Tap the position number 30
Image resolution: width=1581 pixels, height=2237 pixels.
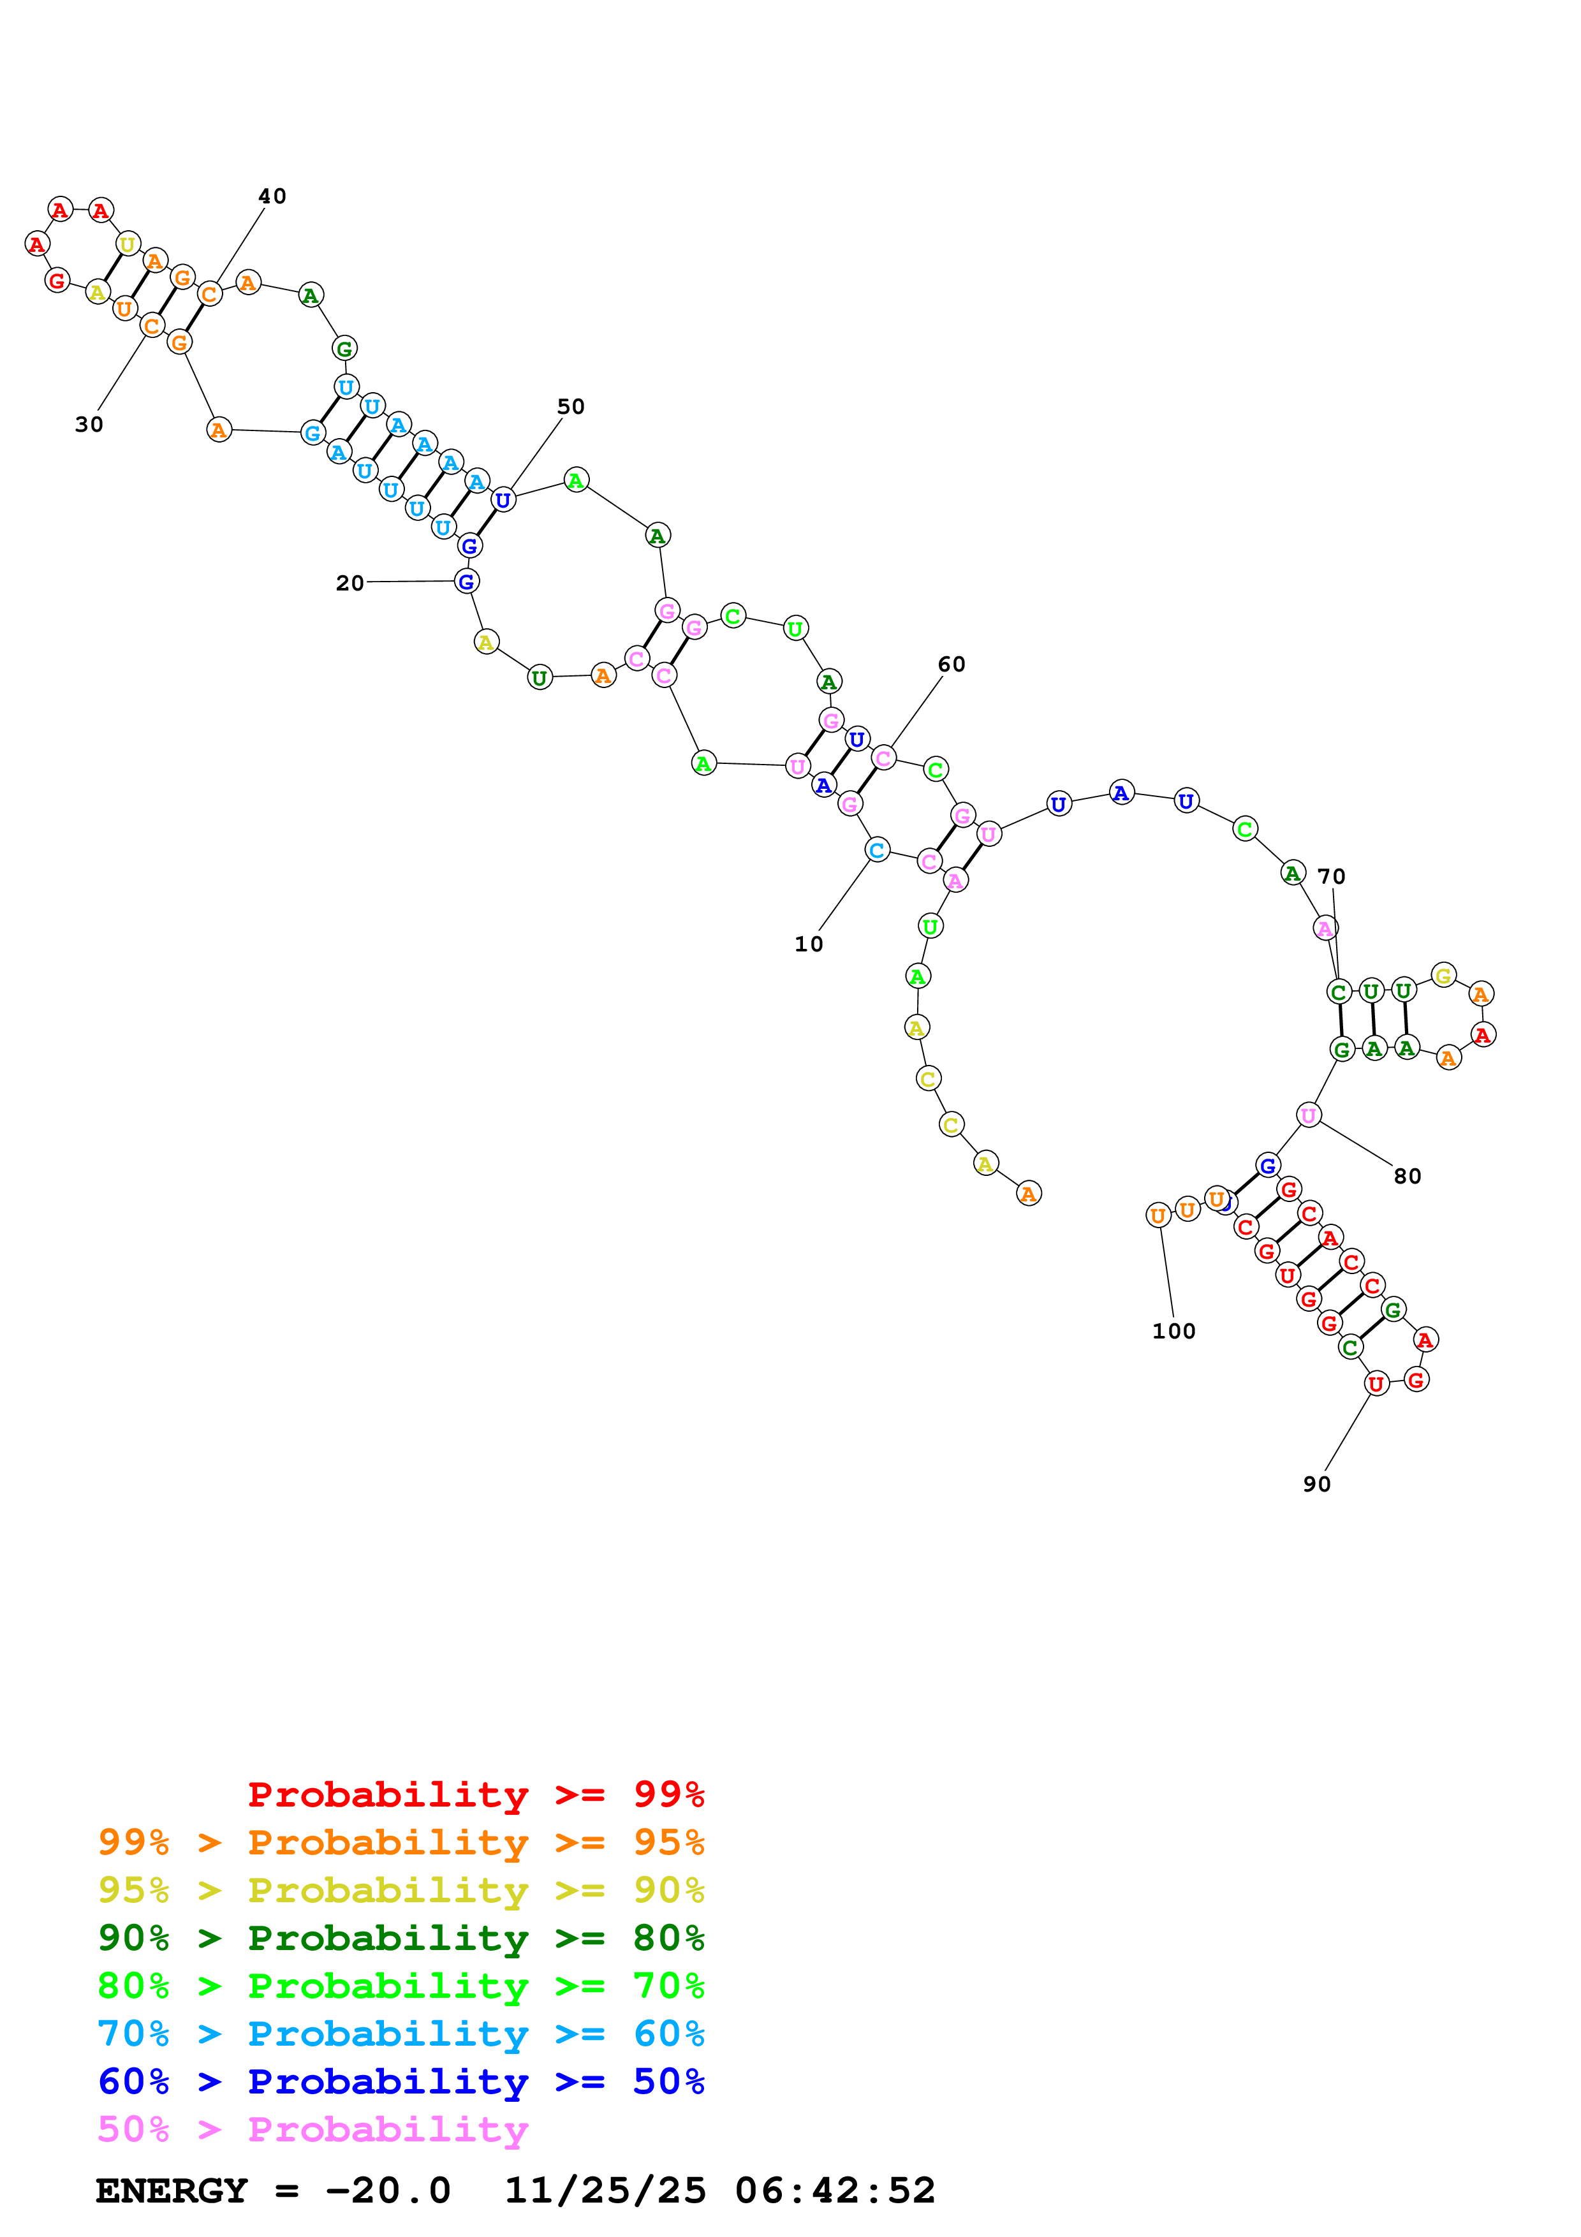tap(89, 424)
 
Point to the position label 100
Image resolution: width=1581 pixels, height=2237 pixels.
tap(1174, 1331)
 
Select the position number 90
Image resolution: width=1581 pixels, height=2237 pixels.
tap(1317, 1484)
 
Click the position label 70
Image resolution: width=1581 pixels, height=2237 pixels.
tap(1332, 876)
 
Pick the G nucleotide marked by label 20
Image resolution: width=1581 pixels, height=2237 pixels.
tap(467, 582)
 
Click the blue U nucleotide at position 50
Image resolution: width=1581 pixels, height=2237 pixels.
tap(503, 500)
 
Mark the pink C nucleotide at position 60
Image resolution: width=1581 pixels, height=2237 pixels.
tap(883, 758)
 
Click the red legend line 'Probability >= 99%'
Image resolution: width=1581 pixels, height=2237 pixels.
tap(476, 1794)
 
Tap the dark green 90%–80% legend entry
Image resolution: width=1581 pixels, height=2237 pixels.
tap(401, 1938)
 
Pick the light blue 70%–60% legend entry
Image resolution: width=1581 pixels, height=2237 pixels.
tap(401, 2034)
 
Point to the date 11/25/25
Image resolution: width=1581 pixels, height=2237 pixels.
tap(605, 2190)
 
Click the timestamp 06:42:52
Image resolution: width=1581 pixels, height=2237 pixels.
tap(835, 2190)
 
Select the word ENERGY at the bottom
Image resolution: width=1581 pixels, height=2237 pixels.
tap(172, 2190)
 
